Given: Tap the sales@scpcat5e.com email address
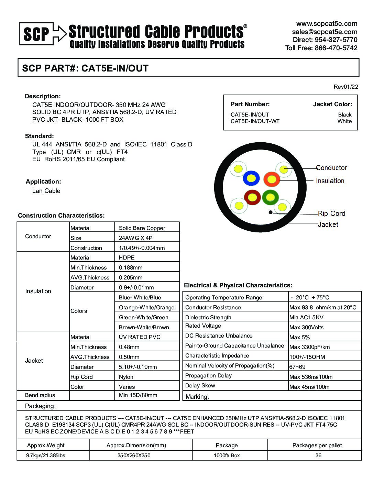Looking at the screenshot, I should (324, 32).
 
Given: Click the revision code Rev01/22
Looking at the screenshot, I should (345, 87).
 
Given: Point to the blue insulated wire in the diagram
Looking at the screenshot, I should (251, 178).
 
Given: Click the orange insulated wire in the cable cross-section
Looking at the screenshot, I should (272, 179).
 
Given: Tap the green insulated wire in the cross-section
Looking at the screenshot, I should (270, 197).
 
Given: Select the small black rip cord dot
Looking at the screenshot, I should (271, 212).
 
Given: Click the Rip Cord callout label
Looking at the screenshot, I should (331, 213).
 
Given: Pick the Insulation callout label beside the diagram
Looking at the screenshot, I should (330, 181).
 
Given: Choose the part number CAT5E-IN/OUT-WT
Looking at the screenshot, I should (255, 121).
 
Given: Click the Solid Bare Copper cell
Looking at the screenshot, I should (142, 228).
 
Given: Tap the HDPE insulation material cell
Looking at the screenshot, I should (127, 257).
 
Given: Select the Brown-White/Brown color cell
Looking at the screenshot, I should (144, 327).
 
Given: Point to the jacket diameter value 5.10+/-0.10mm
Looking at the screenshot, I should (138, 367).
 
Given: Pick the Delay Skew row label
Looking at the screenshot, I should (200, 386).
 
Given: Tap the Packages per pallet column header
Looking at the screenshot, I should (317, 445).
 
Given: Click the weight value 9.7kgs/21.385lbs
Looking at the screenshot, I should (46, 455).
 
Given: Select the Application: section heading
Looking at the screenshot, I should (43, 181).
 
